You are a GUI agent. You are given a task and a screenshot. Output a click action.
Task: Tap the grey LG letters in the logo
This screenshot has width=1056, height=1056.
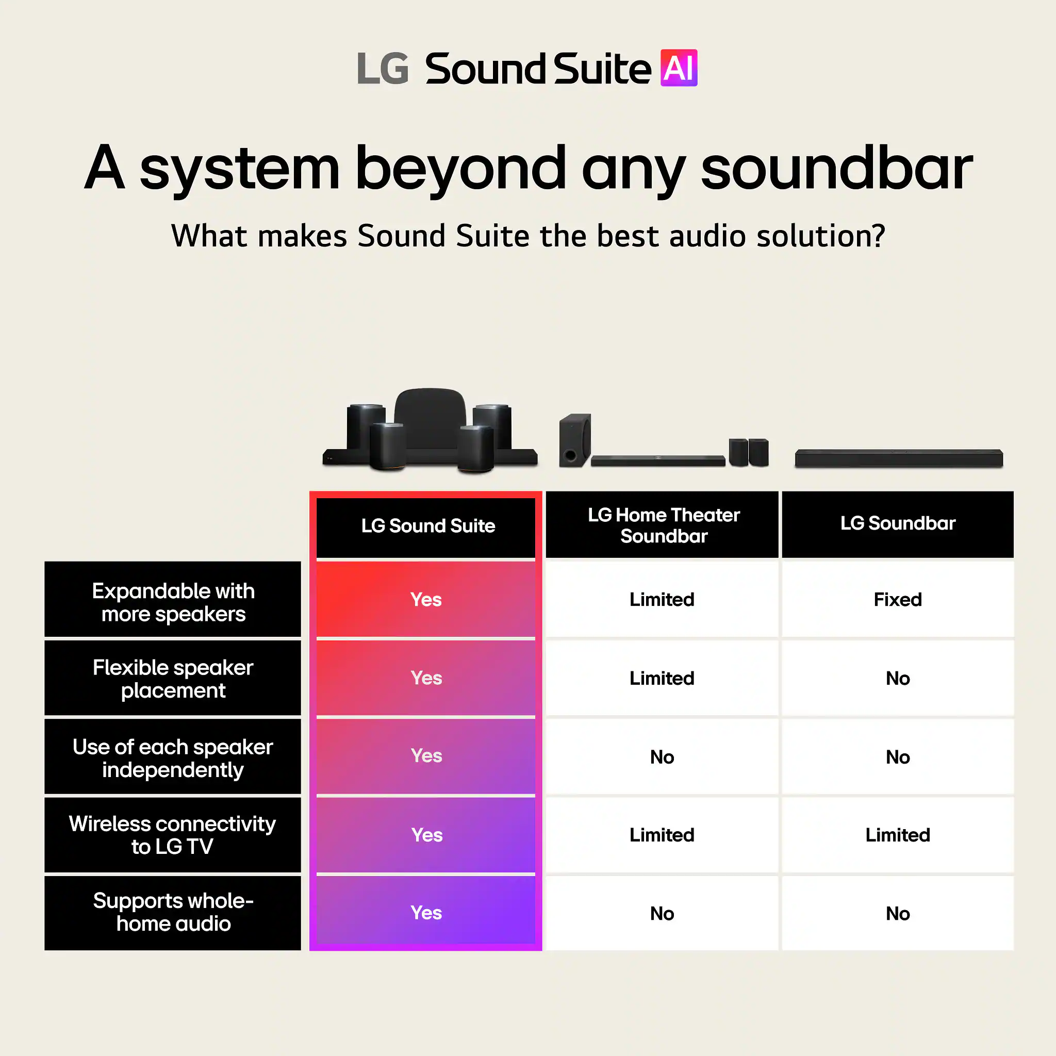pyautogui.click(x=383, y=69)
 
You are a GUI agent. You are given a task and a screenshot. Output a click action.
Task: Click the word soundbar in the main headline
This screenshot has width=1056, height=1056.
pyautogui.click(x=836, y=168)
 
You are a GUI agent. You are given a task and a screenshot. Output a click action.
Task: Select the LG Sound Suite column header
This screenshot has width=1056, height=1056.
pyautogui.click(x=427, y=526)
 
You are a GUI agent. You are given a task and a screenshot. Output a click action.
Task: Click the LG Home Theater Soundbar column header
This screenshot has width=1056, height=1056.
pyautogui.click(x=663, y=525)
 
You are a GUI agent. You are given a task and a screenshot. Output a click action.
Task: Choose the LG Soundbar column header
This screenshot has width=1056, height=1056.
pyautogui.click(x=898, y=524)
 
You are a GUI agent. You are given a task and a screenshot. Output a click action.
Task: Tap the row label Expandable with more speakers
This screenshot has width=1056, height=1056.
pyautogui.click(x=173, y=602)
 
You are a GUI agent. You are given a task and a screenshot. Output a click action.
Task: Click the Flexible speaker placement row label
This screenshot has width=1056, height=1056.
pyautogui.click(x=173, y=679)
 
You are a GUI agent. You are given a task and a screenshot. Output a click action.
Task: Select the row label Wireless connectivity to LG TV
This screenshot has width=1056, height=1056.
pyautogui.click(x=173, y=835)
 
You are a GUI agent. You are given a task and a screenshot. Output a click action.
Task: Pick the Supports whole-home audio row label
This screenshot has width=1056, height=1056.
pyautogui.click(x=173, y=912)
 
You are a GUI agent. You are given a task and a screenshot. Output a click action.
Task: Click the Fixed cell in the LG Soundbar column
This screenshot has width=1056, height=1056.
pyautogui.click(x=898, y=600)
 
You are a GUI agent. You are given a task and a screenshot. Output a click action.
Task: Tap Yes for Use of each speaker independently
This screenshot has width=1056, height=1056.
pyautogui.click(x=426, y=756)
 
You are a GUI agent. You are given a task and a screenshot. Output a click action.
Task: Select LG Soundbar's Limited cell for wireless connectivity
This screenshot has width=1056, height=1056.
pyautogui.click(x=898, y=835)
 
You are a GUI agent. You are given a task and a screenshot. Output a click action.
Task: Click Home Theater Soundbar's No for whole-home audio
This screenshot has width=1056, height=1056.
pyautogui.click(x=662, y=913)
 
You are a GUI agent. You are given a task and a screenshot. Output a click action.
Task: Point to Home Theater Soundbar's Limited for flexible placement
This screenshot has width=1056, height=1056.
pyautogui.click(x=662, y=679)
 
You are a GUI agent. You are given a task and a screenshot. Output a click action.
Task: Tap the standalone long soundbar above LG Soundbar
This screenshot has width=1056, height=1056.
pyautogui.click(x=899, y=458)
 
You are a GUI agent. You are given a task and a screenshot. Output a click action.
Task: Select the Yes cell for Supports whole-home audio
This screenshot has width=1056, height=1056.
pyautogui.click(x=426, y=912)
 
